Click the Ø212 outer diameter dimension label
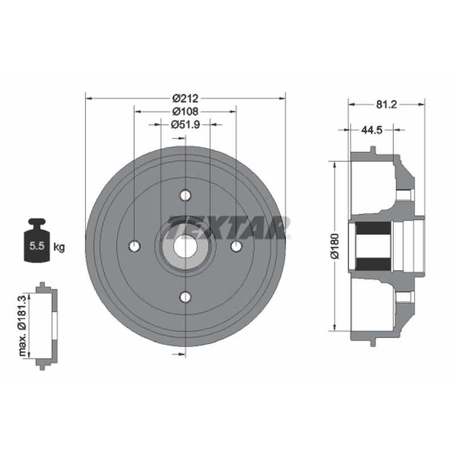click(185, 98)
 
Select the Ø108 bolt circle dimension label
click(185, 111)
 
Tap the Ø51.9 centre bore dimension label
click(185, 124)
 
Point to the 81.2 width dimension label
click(386, 104)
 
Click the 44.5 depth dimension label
click(372, 130)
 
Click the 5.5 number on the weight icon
click(36, 246)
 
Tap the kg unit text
click(59, 247)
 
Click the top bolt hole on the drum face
click(185, 195)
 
